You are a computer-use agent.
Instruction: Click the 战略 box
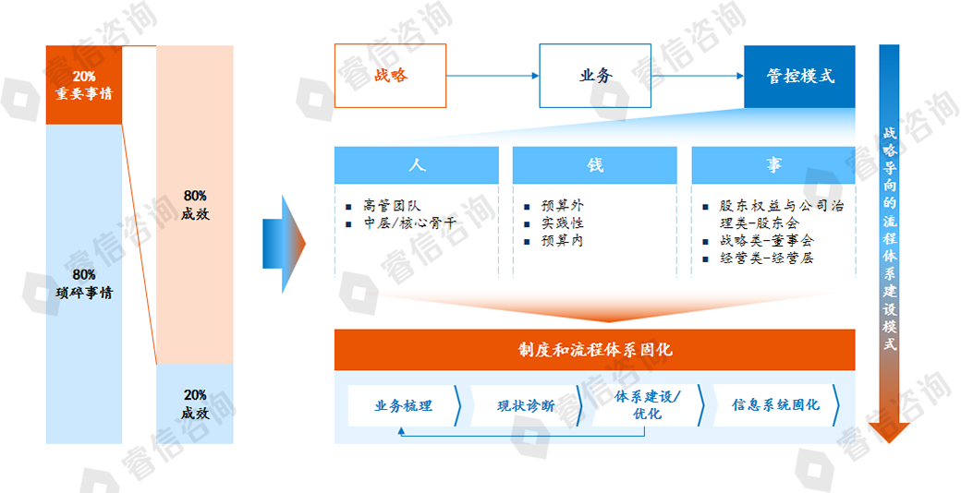tap(390, 76)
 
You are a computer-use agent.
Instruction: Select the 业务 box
tap(595, 76)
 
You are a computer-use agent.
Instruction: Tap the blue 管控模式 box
tap(799, 76)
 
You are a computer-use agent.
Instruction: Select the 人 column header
tap(417, 164)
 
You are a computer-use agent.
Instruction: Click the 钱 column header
tap(595, 164)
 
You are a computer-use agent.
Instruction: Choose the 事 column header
tap(772, 164)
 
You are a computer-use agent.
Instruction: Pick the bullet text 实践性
tap(563, 223)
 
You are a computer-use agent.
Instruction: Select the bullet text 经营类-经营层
tap(766, 259)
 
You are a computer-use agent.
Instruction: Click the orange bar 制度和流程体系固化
tap(595, 350)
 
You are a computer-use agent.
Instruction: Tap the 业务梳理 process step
tap(403, 405)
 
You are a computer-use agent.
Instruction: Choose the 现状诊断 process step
tap(526, 405)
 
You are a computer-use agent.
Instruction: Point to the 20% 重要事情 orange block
tap(84, 84)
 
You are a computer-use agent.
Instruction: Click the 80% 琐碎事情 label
tap(84, 283)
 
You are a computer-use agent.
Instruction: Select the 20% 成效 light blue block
tap(195, 404)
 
